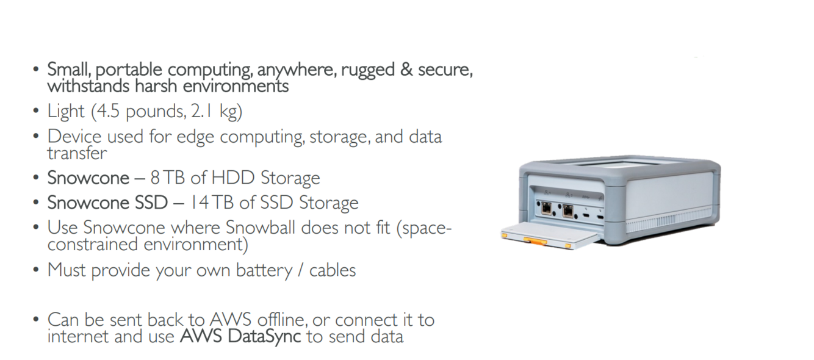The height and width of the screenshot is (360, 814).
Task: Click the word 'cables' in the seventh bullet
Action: point(333,270)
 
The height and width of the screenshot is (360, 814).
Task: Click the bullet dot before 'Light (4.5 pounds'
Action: point(37,112)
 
